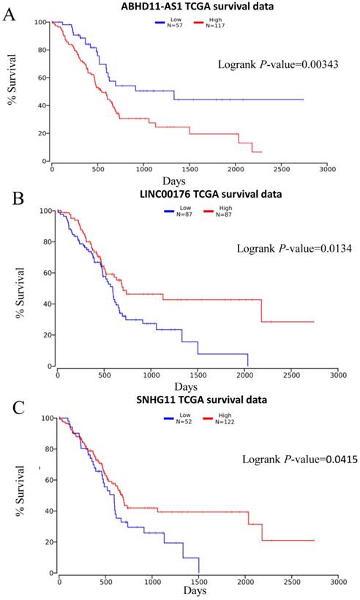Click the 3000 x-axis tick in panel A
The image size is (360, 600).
(x=326, y=168)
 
